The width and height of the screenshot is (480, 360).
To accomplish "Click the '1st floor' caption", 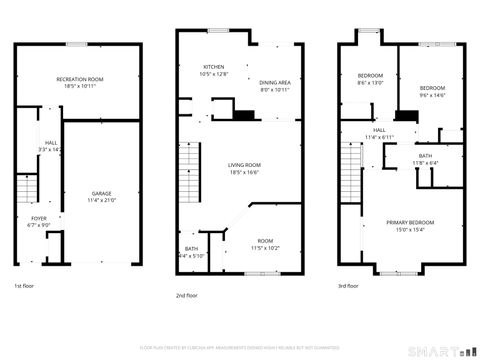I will coord(24,287).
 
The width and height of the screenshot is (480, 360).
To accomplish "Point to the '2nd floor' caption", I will coord(187,295).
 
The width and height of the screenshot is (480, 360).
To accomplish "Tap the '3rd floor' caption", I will coord(348,287).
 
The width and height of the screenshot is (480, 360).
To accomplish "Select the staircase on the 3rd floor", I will coord(350,160).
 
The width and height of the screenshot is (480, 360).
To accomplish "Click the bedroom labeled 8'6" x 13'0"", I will coord(370,79).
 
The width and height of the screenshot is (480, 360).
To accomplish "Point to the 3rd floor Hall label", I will coord(380,133).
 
